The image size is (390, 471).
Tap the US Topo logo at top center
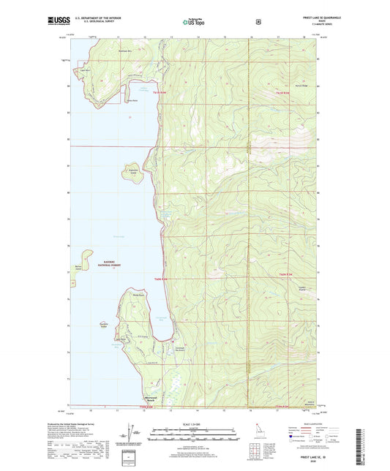click(x=192, y=22)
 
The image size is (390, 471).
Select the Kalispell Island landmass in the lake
click(x=131, y=173)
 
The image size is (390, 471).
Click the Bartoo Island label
click(x=77, y=267)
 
